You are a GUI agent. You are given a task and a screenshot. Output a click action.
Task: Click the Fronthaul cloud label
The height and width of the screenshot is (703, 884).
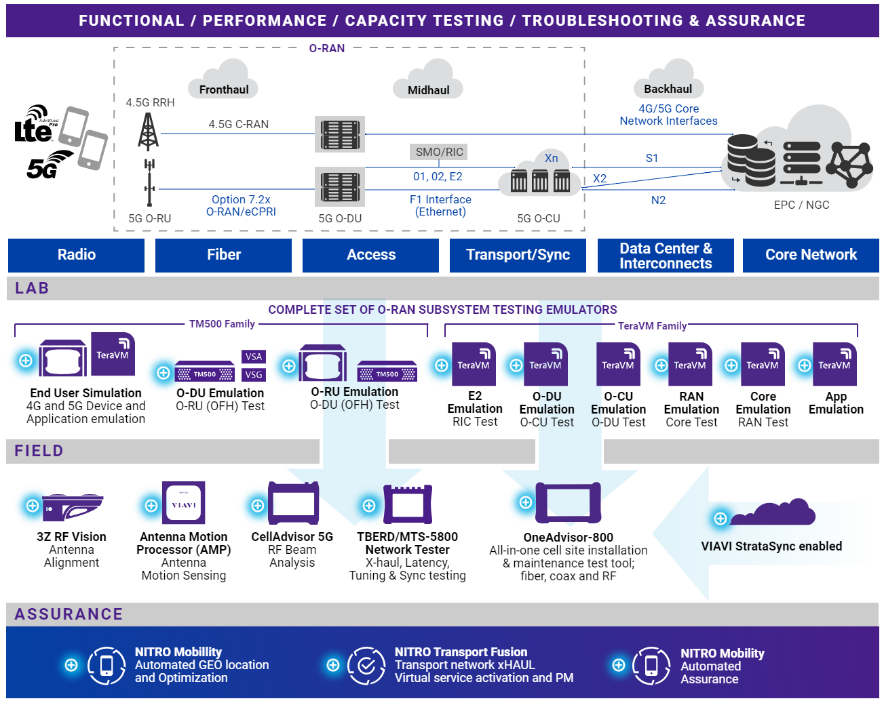223,89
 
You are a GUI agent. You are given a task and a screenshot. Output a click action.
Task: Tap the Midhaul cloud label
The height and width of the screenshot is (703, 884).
428,90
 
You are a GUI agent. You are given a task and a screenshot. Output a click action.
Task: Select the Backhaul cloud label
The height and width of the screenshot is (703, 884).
668,89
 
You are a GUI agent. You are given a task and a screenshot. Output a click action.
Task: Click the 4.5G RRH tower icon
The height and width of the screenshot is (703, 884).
148,132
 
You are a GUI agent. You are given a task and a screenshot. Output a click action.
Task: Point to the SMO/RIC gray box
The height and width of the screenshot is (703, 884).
439,152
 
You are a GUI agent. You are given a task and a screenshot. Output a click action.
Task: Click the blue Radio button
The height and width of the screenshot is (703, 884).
76,255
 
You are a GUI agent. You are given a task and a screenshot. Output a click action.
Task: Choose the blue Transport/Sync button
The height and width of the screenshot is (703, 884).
518,255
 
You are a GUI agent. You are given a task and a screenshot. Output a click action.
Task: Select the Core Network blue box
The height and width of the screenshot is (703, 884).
811,255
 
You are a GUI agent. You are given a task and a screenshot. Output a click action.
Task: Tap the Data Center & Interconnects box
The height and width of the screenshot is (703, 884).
666,256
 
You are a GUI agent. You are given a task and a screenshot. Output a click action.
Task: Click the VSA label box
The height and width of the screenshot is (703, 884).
254,357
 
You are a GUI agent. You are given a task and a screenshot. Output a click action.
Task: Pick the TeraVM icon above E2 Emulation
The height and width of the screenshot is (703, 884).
474,364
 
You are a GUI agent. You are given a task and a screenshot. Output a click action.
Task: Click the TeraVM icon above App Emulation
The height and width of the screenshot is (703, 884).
834,364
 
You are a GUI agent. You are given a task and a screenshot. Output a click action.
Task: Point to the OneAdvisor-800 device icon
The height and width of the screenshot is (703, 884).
568,503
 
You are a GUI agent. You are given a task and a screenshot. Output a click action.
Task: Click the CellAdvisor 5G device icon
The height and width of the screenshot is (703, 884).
294,503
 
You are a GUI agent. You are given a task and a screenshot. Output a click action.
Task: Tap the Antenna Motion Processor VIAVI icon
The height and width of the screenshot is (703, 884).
184,503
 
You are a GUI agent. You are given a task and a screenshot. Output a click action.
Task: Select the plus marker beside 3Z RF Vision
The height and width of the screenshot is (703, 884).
32,505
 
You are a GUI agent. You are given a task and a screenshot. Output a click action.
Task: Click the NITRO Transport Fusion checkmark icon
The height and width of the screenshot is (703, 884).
366,665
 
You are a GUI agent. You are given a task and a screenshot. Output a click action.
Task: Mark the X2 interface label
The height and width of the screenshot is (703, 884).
600,178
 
